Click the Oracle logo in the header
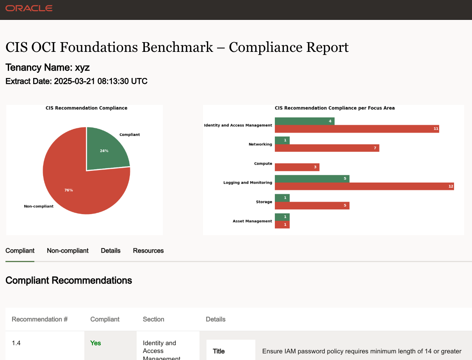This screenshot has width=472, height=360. [29, 8]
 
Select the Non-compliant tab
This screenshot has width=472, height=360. [68, 251]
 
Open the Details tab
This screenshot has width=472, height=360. [110, 251]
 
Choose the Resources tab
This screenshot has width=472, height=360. [148, 251]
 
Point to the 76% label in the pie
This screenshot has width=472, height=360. [69, 190]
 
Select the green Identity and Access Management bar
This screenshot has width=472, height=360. [305, 121]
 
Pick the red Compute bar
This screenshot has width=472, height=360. [297, 167]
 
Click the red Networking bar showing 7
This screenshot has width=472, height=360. [327, 148]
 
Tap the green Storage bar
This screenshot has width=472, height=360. [282, 198]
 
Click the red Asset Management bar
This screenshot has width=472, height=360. [282, 225]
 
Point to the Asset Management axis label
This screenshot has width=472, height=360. [252, 221]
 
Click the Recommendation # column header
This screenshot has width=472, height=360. [40, 319]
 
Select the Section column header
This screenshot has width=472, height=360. [153, 319]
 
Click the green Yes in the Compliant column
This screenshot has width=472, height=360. [96, 343]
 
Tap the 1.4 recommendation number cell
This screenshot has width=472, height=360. [16, 343]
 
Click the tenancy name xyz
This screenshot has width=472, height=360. [82, 67]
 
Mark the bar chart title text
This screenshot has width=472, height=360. [335, 108]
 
